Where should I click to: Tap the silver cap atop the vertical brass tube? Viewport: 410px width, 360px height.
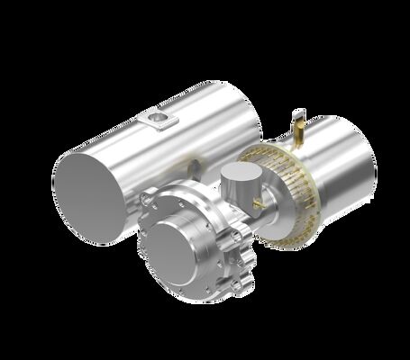(299, 112)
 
